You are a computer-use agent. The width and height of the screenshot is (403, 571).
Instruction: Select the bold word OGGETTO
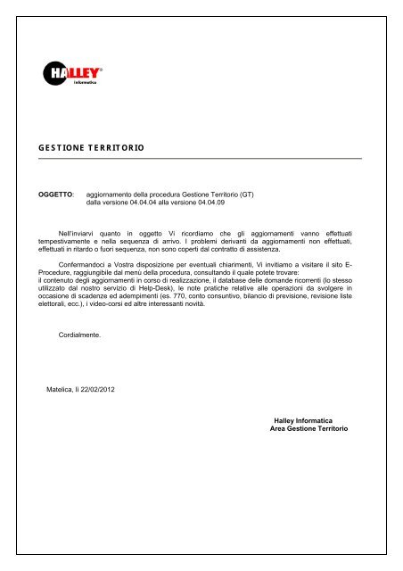coord(52,193)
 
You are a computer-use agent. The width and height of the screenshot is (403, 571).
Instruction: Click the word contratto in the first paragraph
coord(244,251)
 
